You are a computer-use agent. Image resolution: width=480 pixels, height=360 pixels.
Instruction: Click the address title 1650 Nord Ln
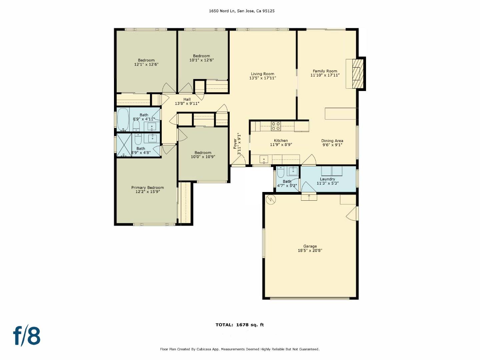242,11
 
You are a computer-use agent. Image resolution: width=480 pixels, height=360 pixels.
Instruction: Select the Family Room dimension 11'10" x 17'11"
325,75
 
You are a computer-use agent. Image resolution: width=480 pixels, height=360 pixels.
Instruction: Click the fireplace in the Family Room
355,74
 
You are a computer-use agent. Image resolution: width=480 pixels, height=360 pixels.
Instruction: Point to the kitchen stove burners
276,126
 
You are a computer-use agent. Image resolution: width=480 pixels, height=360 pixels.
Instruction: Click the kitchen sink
264,159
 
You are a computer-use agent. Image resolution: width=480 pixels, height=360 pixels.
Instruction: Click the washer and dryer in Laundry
332,171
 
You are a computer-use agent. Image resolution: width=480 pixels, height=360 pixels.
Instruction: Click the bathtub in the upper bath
123,119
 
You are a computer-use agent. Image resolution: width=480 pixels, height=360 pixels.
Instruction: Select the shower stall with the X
124,145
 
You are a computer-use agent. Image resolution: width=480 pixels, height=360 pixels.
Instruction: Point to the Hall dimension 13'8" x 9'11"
187,104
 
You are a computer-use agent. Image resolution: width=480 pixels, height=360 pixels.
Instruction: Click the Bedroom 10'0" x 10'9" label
203,155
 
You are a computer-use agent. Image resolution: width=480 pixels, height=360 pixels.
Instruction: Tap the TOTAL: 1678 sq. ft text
240,325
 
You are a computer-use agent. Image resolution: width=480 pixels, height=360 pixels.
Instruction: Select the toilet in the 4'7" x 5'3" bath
280,172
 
